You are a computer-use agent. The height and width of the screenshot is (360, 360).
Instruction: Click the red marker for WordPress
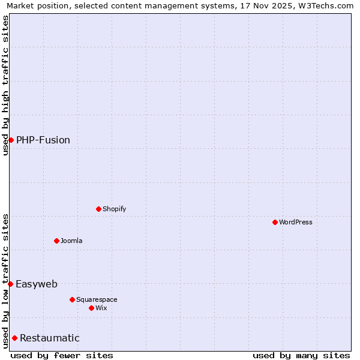(x=275, y=222)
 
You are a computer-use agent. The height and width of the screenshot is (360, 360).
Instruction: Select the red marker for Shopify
(x=98, y=209)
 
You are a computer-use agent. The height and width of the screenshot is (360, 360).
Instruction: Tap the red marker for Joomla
(x=56, y=241)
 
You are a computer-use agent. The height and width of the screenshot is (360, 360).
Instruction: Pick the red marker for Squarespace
(x=72, y=299)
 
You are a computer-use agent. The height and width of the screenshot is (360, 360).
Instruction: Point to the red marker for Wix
(x=91, y=308)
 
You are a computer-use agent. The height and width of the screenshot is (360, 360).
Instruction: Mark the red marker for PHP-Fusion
(x=11, y=140)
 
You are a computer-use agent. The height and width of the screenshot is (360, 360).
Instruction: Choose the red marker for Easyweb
(x=10, y=284)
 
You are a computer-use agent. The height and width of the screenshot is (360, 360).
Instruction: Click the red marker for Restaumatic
(x=14, y=338)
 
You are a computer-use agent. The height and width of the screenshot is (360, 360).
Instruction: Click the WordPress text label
(x=296, y=222)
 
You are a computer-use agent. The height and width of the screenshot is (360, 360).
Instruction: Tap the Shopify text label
(x=114, y=209)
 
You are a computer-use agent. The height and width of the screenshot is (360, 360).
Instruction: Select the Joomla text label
(x=71, y=241)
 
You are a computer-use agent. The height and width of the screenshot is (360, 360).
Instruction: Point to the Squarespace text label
(x=97, y=299)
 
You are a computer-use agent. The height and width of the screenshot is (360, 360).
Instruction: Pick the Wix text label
(x=101, y=308)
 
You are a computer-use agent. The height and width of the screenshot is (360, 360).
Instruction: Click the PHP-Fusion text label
(x=43, y=140)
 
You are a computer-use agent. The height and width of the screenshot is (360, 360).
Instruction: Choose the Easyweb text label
(x=37, y=284)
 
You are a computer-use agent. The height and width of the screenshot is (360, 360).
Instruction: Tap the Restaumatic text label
(x=50, y=338)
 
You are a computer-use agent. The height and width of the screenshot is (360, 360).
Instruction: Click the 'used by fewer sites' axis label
(x=62, y=355)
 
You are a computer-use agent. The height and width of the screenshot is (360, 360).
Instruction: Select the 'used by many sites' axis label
(x=301, y=355)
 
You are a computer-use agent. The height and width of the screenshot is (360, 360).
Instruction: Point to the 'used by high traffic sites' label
(x=5, y=85)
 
